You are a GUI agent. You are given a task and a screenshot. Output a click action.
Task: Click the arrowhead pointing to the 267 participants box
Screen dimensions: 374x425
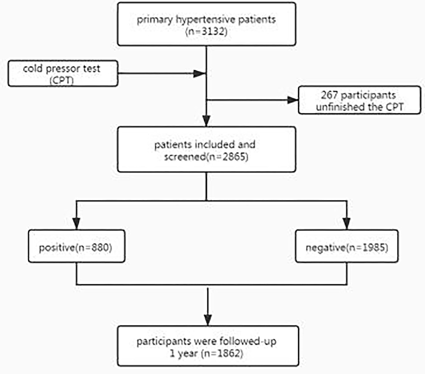point(292,100)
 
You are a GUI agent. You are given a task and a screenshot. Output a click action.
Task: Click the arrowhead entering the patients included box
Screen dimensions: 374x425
point(206,119)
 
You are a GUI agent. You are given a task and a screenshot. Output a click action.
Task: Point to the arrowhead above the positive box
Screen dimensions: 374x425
point(76,223)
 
